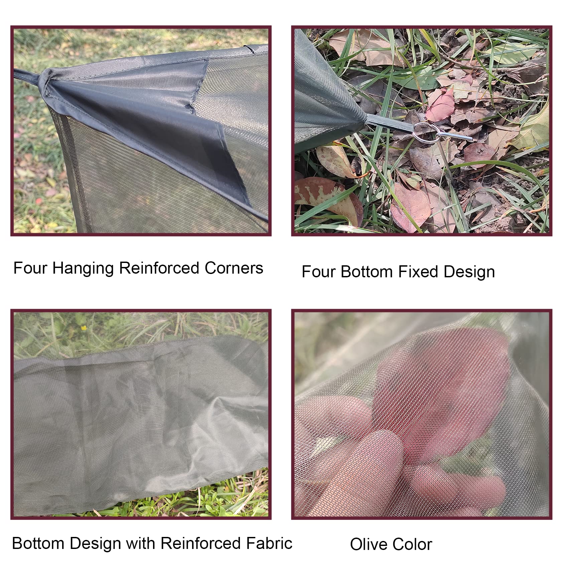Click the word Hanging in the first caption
[83, 269]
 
